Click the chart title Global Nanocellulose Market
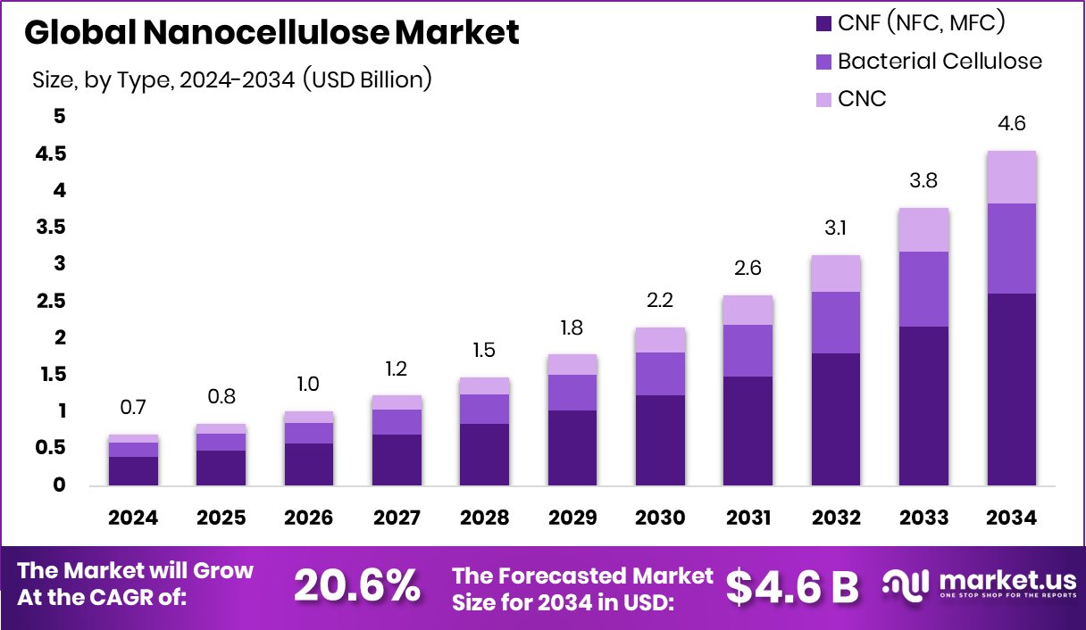pos(271,33)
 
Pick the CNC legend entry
pos(862,98)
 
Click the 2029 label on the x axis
pos(572,518)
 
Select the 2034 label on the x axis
pos(1011,518)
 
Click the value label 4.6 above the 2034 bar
pos(1011,124)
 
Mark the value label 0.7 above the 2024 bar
pos(134,408)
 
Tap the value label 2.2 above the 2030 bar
pos(660,301)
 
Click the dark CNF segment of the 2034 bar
pos(1011,389)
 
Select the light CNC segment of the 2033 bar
pos(923,230)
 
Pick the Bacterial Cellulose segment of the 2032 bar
pos(836,322)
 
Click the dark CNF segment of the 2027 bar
pos(397,460)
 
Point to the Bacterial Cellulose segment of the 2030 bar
pos(660,374)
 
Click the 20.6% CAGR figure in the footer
pos(356,585)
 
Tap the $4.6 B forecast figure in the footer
pos(792,585)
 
